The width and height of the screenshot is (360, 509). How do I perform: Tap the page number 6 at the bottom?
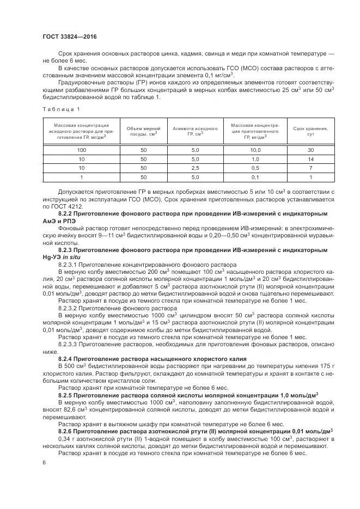click(x=44, y=462)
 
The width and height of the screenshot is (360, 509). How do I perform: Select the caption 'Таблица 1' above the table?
click(x=57, y=109)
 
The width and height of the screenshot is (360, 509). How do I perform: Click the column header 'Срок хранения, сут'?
click(x=310, y=131)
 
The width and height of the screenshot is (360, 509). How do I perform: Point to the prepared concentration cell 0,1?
click(x=255, y=177)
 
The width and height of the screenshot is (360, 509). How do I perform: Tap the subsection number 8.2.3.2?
click(x=69, y=308)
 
